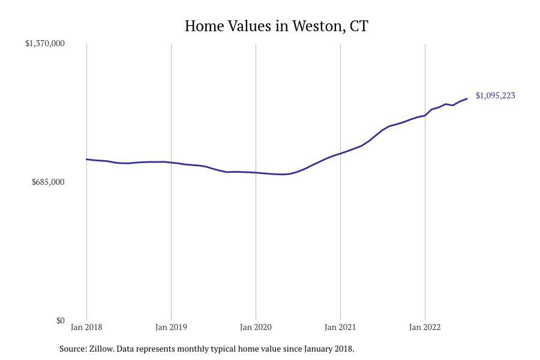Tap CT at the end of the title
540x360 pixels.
click(x=359, y=26)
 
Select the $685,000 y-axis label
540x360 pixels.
click(x=48, y=182)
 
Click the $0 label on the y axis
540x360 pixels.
click(x=60, y=320)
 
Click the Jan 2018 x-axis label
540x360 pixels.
click(x=86, y=327)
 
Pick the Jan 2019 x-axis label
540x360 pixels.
click(x=171, y=327)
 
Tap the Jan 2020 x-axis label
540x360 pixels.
click(x=256, y=327)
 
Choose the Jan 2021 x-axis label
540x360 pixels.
click(x=340, y=327)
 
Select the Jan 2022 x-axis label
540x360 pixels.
click(x=425, y=327)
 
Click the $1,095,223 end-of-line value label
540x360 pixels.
click(x=495, y=95)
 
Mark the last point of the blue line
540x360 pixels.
click(x=467, y=98)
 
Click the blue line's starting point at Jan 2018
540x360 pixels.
click(x=86, y=159)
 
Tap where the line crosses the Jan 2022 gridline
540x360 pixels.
click(x=425, y=115)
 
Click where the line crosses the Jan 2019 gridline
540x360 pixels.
click(x=171, y=163)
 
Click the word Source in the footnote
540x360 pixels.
click(x=73, y=349)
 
